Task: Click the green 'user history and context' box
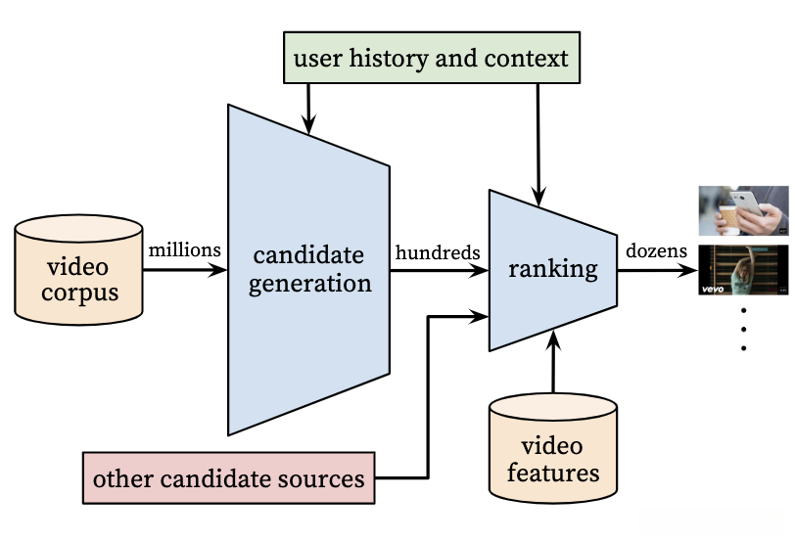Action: click(431, 58)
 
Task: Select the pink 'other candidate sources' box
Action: click(229, 478)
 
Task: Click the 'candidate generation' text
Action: click(309, 269)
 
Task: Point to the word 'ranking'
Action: click(552, 268)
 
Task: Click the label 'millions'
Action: click(185, 250)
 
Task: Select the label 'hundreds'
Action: click(438, 251)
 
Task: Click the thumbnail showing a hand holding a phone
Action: click(743, 210)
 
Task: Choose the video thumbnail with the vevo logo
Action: click(743, 270)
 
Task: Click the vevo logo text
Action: click(712, 289)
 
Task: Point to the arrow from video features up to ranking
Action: click(553, 362)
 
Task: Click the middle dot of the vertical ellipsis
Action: click(743, 329)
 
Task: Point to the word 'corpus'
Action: click(79, 292)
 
